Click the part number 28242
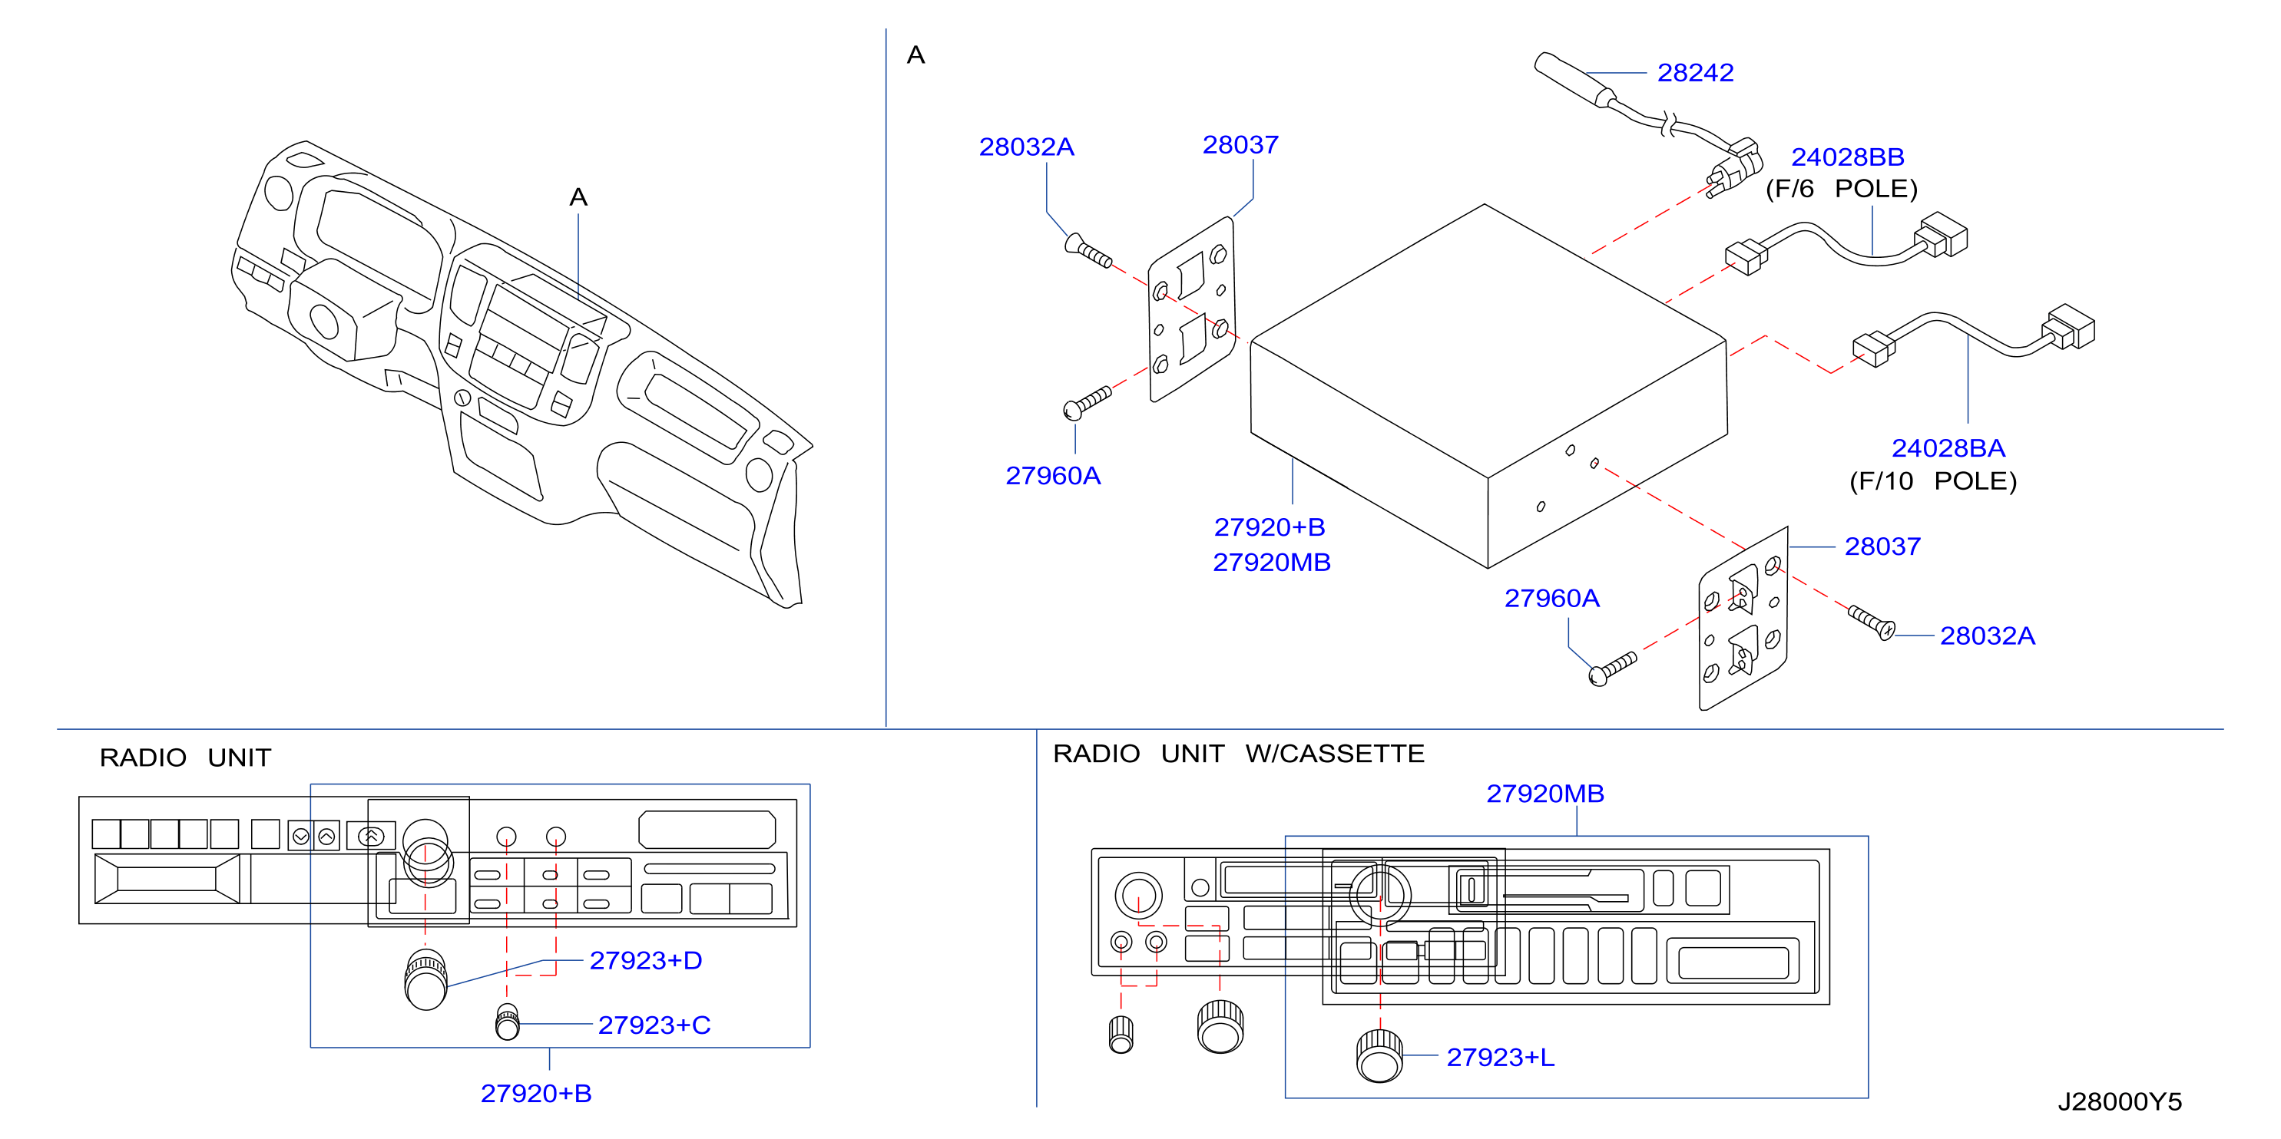point(1695,73)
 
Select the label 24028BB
point(1847,157)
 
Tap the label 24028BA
point(1948,449)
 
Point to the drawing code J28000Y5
point(2119,1102)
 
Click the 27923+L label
point(1500,1058)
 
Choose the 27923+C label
point(654,1025)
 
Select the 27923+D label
point(646,961)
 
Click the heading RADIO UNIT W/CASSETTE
point(1238,754)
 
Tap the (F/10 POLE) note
point(1932,481)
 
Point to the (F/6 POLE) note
point(1841,190)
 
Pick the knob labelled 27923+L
point(1379,1056)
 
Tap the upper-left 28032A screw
point(1088,250)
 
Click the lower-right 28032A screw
point(1871,622)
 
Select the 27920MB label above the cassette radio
point(1544,794)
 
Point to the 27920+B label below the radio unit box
point(536,1094)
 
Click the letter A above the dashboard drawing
point(578,197)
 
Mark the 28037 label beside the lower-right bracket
point(1882,547)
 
